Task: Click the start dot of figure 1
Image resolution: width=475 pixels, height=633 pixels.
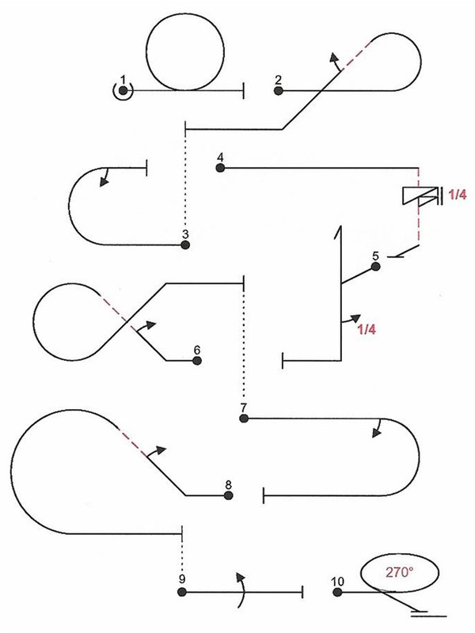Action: (x=123, y=91)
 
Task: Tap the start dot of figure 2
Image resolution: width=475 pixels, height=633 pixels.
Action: (x=279, y=91)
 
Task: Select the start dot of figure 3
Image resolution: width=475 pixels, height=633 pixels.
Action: (x=185, y=245)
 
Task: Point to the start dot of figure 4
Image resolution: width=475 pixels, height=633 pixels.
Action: (x=220, y=168)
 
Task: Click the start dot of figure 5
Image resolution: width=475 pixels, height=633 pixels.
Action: (x=376, y=267)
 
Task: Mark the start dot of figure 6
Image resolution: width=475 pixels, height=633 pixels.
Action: (x=197, y=361)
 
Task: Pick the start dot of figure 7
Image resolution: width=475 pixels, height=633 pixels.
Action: (x=244, y=418)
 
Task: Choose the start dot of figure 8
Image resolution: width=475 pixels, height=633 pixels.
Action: (x=228, y=496)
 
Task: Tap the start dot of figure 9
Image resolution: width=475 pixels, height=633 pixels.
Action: (x=183, y=591)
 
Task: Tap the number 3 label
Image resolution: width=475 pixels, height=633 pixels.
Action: (x=184, y=234)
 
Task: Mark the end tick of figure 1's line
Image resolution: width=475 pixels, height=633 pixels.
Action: (x=242, y=91)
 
